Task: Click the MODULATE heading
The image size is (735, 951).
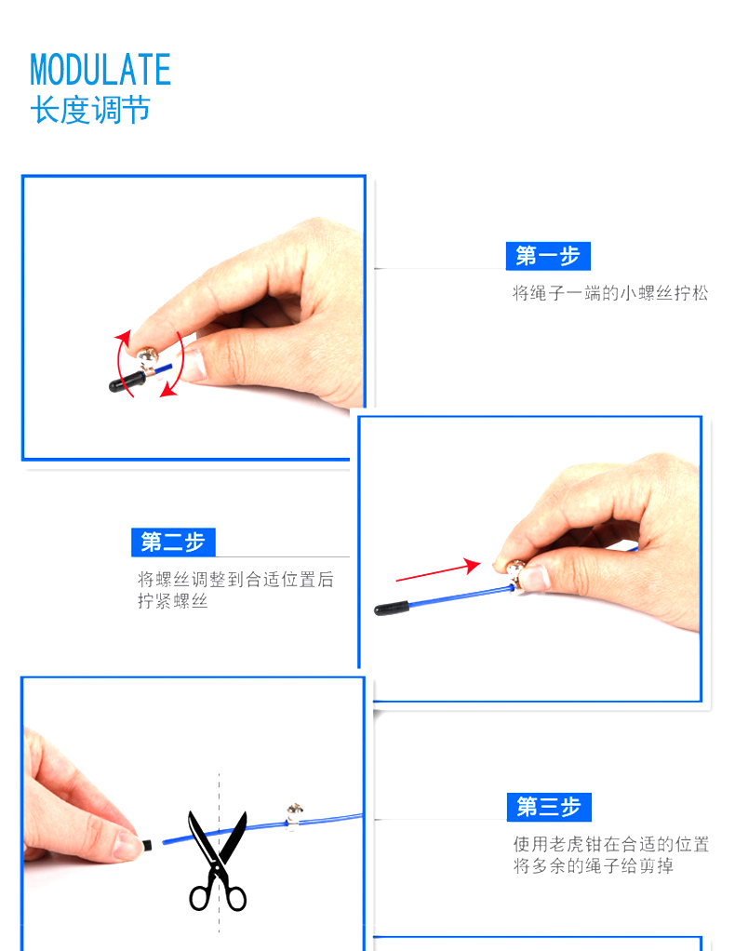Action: point(100,69)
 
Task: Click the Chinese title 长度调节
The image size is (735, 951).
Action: point(89,111)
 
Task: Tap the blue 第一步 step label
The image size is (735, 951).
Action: point(548,256)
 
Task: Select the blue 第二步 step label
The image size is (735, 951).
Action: point(173,542)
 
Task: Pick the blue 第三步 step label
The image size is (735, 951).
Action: point(549,808)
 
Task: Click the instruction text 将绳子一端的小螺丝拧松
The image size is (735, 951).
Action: point(610,293)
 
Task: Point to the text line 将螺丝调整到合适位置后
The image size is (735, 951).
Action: point(235,579)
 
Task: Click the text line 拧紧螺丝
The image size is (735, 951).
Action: point(172,601)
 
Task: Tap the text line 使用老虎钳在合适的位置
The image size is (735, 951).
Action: point(610,844)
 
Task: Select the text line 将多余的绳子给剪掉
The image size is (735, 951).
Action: point(593,865)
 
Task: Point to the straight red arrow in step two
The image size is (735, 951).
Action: point(438,569)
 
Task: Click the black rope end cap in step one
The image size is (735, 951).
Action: point(127,382)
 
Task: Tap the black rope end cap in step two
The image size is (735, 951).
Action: point(391,608)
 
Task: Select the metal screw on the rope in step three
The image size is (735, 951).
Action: point(293,816)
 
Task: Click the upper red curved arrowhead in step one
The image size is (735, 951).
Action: point(123,338)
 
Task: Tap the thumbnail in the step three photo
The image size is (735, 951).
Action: point(128,844)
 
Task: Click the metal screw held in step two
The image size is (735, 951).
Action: point(515,572)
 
